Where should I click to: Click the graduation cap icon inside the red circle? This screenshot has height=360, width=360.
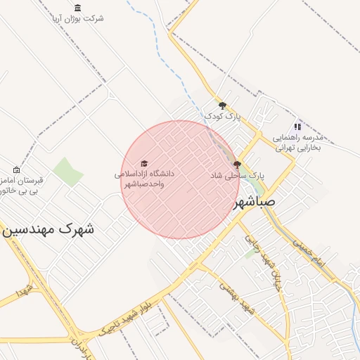click(x=144, y=163)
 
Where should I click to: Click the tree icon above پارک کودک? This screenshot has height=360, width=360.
click(x=223, y=105)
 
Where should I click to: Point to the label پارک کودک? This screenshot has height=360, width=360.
click(x=222, y=116)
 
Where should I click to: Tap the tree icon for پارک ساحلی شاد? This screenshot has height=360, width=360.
click(x=237, y=165)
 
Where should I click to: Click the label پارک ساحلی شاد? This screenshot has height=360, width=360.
click(x=237, y=175)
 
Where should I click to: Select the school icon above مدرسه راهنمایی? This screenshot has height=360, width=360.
click(x=297, y=127)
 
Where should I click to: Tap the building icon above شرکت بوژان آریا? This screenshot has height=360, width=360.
click(x=77, y=8)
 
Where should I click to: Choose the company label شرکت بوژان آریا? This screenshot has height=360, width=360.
click(x=77, y=18)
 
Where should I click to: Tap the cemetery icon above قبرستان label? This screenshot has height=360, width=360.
click(x=17, y=169)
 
